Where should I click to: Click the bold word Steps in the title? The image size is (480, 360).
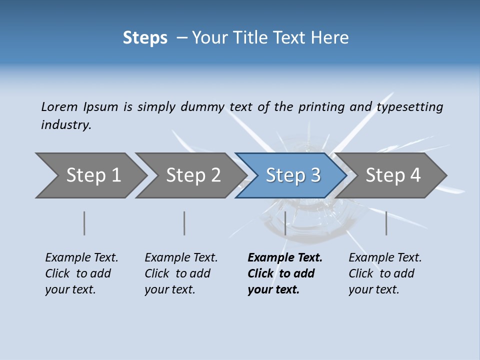click(x=145, y=38)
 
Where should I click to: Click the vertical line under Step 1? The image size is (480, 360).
click(x=84, y=223)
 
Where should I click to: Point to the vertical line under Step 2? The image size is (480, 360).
click(x=184, y=223)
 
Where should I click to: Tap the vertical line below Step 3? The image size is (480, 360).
click(x=285, y=223)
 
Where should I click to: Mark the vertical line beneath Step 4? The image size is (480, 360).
click(x=386, y=223)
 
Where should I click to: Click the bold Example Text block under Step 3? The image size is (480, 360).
click(x=284, y=273)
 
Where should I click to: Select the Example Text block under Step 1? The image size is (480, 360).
click(x=81, y=273)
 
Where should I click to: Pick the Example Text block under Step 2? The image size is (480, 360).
click(x=180, y=273)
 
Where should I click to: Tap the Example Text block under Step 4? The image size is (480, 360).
click(x=384, y=273)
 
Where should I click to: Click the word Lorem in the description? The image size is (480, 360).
click(x=59, y=107)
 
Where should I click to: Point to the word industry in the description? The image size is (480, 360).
click(x=65, y=125)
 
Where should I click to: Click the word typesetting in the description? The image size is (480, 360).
click(x=410, y=107)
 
